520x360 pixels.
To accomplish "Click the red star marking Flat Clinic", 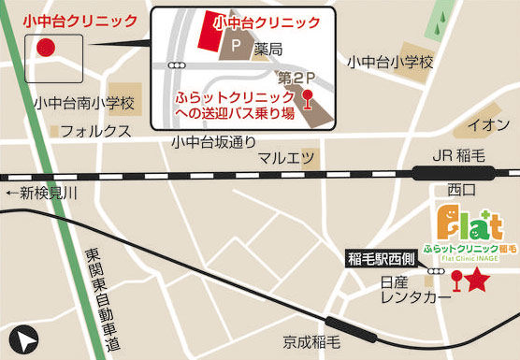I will (x=477, y=278).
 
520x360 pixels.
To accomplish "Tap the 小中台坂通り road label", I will (x=213, y=142).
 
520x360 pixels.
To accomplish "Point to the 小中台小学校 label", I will (x=391, y=62).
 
